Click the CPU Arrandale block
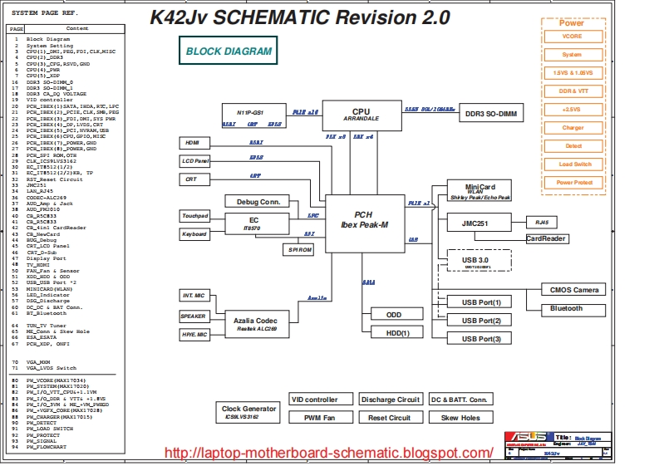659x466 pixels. tap(361, 114)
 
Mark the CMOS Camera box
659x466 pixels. tap(573, 289)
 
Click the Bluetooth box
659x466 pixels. tap(567, 308)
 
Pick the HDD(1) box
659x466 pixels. tap(394, 333)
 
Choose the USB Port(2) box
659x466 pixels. tap(481, 320)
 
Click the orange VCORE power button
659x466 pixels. tap(572, 37)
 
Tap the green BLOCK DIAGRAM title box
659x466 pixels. tap(228, 52)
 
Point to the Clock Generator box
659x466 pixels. tap(248, 411)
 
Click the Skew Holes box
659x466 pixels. tap(460, 418)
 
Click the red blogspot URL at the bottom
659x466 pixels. tap(330, 453)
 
